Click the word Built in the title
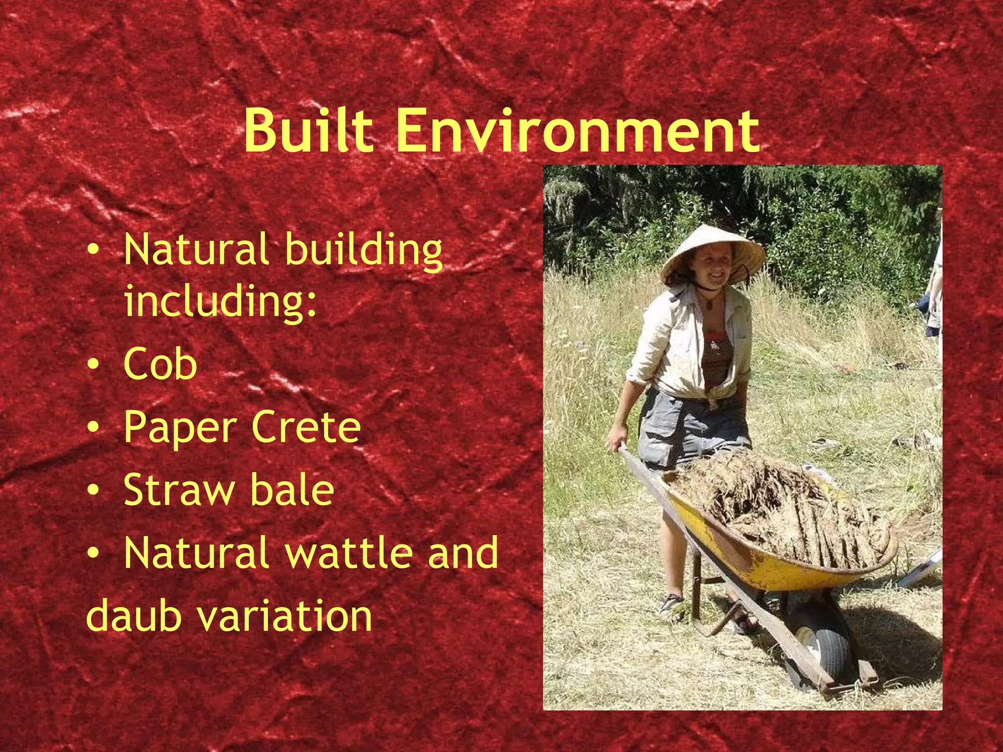[x=315, y=130]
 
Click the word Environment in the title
[x=577, y=130]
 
